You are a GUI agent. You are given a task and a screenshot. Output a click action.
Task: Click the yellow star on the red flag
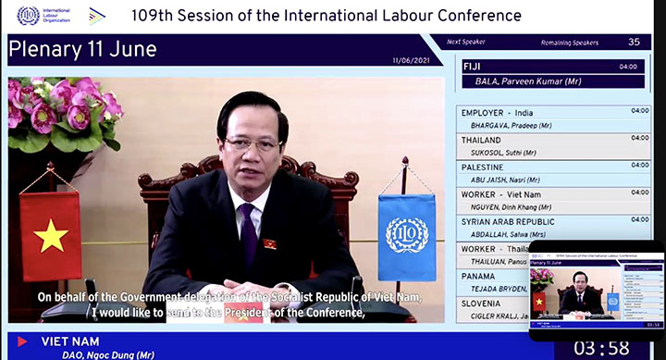coord(51,237)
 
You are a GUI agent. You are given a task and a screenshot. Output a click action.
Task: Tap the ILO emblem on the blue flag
coord(407,235)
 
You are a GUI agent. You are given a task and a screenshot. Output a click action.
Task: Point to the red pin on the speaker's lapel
coord(271,243)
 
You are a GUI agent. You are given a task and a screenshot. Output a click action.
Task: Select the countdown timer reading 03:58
coord(602,348)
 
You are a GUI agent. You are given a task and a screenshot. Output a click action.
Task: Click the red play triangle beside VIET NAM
coord(22,341)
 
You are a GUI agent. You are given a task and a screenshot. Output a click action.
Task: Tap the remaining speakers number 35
coord(634,42)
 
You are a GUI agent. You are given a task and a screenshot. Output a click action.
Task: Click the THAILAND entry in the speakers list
coord(481,141)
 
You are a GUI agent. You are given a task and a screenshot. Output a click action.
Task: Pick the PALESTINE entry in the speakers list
coord(483,168)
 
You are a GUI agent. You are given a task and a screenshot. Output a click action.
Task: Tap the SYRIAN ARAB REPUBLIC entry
coord(507,222)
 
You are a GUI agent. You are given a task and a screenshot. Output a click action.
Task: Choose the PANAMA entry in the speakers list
coord(478,277)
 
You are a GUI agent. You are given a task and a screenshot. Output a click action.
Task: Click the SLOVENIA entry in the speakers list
coord(482,304)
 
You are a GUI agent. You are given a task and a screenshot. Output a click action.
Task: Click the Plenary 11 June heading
coord(83,50)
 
